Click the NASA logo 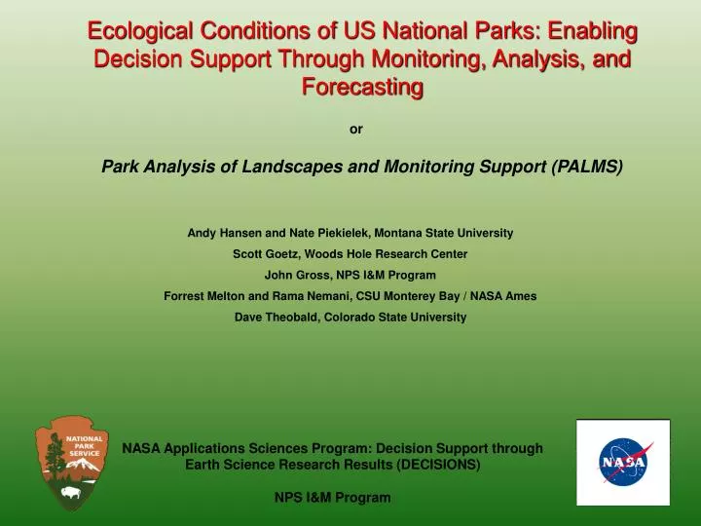coord(623,462)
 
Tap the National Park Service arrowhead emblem coord(72,464)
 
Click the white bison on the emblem coord(71,493)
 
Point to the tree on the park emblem coord(55,456)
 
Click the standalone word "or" coord(356,130)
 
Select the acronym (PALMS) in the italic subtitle coord(587,167)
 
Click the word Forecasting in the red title coord(362,87)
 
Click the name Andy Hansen coord(225,233)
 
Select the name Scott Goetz coord(267,254)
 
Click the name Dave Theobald coord(276,318)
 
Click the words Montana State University coord(444,233)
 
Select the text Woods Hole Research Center coord(387,254)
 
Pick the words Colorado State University coord(395,318)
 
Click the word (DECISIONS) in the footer coord(438,465)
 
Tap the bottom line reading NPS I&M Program coord(333,498)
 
